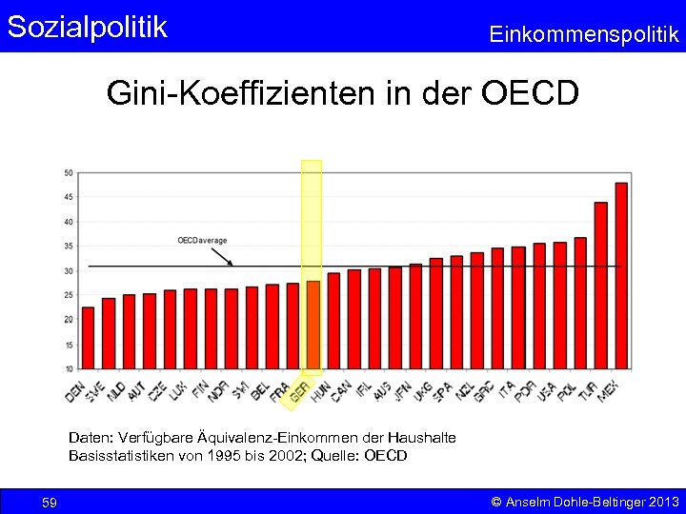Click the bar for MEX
[x=621, y=275]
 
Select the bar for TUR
[x=600, y=285]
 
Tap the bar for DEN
[x=88, y=337]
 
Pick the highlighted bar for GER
[x=313, y=324]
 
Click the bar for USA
[x=559, y=305]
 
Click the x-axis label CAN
[x=341, y=390]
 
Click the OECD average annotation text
[x=202, y=240]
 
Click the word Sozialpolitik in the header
[x=88, y=27]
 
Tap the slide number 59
[x=50, y=502]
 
